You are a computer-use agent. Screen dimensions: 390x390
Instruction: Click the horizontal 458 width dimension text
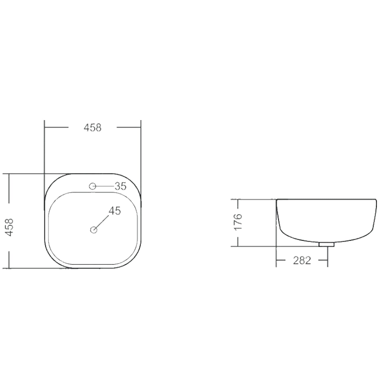tap(93, 128)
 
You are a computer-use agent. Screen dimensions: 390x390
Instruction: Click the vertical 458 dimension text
tap(9, 227)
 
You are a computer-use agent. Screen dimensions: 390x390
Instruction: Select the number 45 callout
tap(115, 211)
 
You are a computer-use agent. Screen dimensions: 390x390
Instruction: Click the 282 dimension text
tap(302, 260)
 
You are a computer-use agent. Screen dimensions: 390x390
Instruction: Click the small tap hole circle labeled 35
tap(92, 186)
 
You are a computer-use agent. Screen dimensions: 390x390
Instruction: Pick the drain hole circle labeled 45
tap(94, 230)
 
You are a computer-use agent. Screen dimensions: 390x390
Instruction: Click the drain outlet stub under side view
tap(326, 244)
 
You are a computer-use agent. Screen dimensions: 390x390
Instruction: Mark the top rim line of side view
tap(326, 199)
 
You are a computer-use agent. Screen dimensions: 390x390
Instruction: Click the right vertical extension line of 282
tap(328, 257)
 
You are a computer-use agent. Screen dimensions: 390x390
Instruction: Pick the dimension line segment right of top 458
tap(129, 127)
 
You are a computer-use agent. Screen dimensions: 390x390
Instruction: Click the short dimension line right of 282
tap(323, 260)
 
